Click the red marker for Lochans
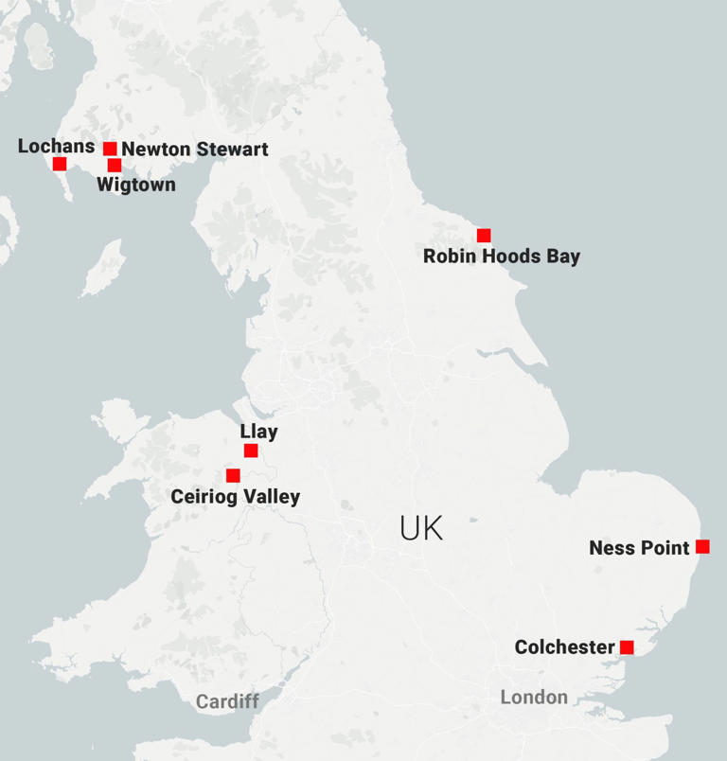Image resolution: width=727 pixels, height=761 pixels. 60,164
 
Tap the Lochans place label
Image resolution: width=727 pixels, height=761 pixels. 56,146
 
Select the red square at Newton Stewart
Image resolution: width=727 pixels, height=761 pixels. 110,149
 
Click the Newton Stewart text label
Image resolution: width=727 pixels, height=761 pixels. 195,150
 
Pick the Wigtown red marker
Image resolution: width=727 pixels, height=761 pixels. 115,166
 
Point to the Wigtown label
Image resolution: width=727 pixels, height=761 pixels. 136,185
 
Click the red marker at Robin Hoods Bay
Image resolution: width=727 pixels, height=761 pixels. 484,236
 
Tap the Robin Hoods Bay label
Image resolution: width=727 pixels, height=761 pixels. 501,257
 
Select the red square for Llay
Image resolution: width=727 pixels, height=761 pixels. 251,451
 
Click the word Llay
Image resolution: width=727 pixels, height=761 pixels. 258,432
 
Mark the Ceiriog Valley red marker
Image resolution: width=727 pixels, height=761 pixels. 233,475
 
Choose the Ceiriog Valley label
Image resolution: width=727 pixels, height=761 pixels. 235,497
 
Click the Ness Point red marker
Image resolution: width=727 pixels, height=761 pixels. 702,546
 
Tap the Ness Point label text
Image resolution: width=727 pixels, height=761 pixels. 639,548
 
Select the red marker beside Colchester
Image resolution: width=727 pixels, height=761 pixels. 627,647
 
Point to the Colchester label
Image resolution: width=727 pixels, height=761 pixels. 564,647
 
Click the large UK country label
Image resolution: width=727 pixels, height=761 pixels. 421,528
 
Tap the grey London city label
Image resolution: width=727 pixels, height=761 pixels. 534,698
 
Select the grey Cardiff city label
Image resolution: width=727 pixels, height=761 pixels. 227,701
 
